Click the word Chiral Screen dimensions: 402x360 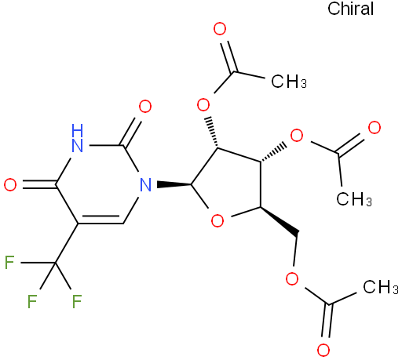coord(350,9)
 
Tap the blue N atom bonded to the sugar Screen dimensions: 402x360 coord(145,185)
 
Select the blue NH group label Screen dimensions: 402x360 coord(77,138)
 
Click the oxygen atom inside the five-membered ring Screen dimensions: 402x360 coord(217,220)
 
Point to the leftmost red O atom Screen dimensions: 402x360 coord(10,185)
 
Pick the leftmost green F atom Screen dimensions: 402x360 coord(9,262)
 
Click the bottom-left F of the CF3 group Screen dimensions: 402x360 coord(32,301)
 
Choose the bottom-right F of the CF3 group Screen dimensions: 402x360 coord(77,301)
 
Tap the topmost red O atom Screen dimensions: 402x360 coord(220,29)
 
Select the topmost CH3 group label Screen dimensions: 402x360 coord(289,81)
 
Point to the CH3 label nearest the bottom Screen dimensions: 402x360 coord(381,287)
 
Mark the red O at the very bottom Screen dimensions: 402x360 coord(323,350)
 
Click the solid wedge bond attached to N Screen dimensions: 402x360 coord(174,184)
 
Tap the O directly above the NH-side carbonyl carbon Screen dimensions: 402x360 coord(145,107)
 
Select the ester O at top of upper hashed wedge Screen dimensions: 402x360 coord(203,104)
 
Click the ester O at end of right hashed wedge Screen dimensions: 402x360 coord(297,136)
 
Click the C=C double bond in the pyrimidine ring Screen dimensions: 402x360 coord(100,220)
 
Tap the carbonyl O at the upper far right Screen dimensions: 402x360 coord(375,128)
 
